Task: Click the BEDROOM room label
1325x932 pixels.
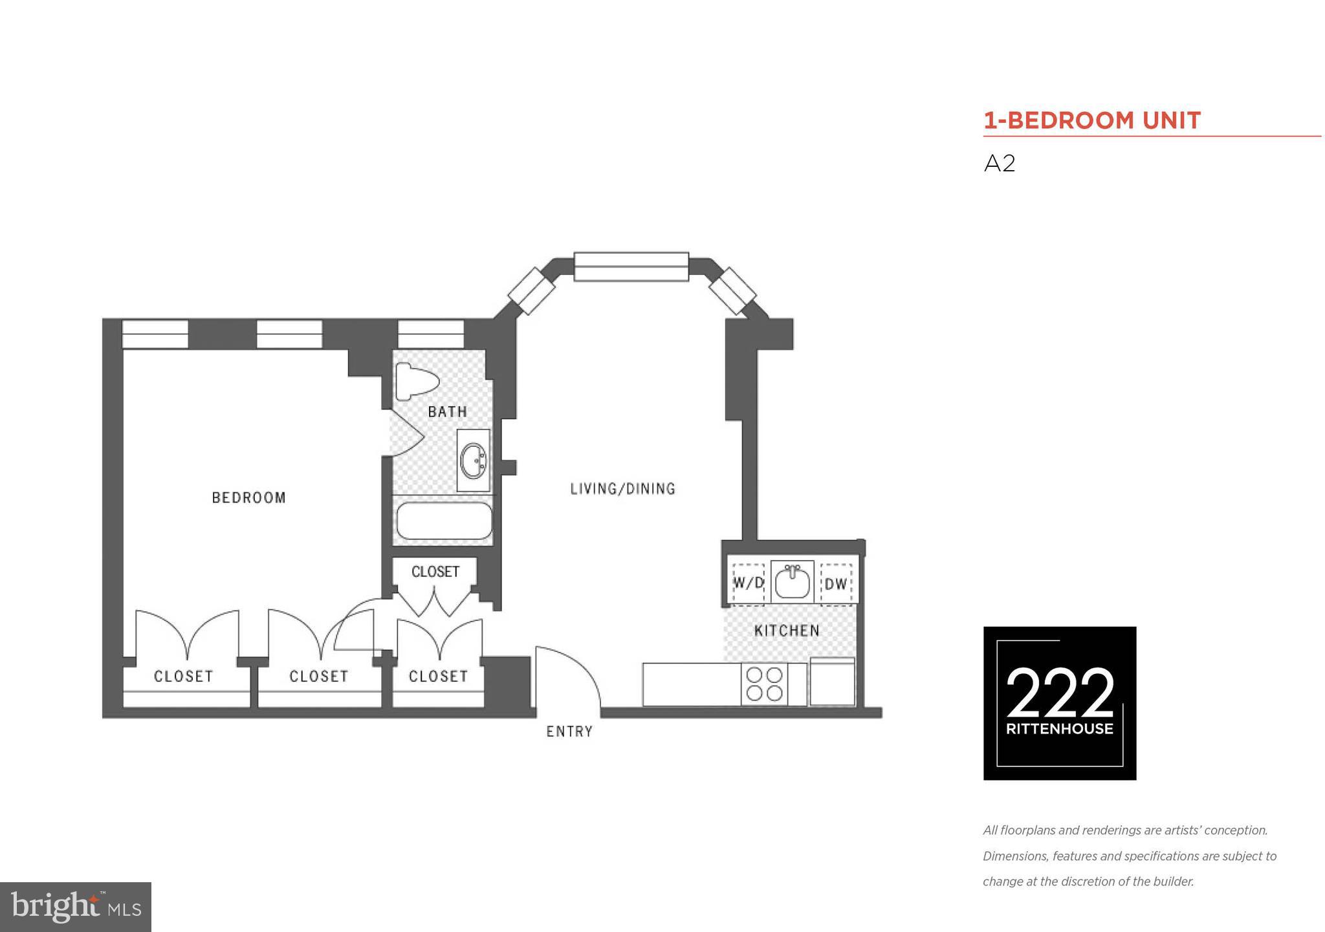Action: (248, 497)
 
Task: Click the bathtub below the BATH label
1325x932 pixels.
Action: (444, 521)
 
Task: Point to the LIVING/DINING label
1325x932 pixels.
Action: (622, 489)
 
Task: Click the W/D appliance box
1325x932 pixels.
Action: (748, 583)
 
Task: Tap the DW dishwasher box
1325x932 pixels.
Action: (836, 584)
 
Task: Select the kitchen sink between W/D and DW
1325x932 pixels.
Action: (792, 582)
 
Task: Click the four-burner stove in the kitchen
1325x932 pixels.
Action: (764, 684)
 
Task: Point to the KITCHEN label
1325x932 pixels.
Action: (787, 631)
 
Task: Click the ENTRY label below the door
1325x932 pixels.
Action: (569, 732)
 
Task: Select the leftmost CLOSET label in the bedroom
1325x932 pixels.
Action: (183, 677)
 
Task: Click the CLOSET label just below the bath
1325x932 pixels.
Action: (435, 572)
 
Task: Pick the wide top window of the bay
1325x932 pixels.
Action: (631, 266)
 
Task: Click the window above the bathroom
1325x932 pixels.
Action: (430, 334)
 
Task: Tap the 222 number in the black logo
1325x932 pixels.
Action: (1060, 693)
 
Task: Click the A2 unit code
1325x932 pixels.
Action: (1000, 164)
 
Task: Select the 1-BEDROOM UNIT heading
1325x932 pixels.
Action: (1092, 120)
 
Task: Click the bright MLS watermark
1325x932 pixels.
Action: (76, 907)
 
